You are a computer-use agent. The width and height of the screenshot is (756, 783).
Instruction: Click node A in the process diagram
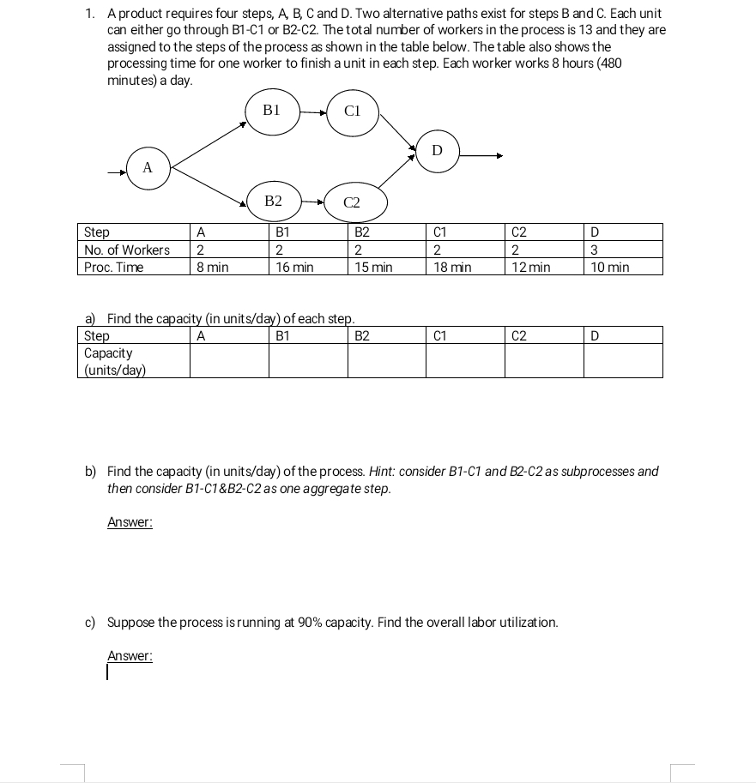[x=148, y=168]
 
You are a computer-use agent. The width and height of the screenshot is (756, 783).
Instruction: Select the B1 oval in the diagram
[x=272, y=111]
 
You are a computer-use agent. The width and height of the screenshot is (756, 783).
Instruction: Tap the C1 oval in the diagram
[x=352, y=111]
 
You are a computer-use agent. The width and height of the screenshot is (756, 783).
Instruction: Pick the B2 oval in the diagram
[x=273, y=202]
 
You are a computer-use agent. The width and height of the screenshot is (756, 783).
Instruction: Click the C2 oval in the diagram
[x=352, y=203]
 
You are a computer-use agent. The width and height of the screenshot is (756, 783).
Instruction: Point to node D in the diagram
[x=437, y=151]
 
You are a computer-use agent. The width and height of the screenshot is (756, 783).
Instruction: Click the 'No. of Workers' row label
[x=127, y=250]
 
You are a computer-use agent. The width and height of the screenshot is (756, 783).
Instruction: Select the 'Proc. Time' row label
[x=114, y=268]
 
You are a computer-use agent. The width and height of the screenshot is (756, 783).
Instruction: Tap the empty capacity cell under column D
[x=623, y=360]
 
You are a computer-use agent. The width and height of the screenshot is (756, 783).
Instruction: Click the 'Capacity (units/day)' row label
[x=115, y=361]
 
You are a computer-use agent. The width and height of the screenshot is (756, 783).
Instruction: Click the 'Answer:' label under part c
[x=130, y=656]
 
